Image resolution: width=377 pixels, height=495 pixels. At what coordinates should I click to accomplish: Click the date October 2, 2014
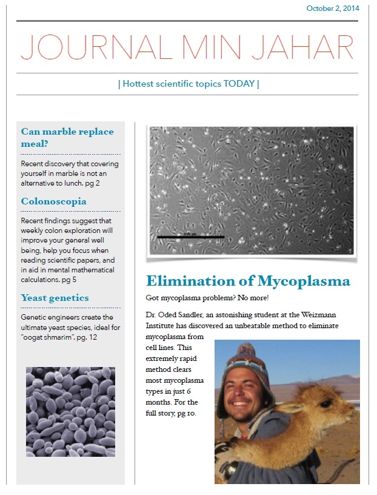(x=333, y=8)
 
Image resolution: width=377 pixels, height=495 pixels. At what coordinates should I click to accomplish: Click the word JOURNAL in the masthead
(x=88, y=47)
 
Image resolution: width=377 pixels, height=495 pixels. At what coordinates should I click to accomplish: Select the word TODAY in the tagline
(x=239, y=84)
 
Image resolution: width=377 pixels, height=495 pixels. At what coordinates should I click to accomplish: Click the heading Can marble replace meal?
(x=67, y=138)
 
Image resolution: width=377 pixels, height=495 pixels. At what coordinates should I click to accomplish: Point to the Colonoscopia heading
(x=53, y=201)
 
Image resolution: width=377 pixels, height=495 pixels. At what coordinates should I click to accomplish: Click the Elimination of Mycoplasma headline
(x=248, y=281)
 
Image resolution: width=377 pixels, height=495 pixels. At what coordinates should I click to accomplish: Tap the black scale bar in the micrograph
(x=190, y=237)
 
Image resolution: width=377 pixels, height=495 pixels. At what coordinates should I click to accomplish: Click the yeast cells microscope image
(x=70, y=411)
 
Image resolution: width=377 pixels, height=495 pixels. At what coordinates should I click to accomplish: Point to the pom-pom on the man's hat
(x=245, y=350)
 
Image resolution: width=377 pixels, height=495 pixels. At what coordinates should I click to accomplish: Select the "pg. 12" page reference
(x=82, y=337)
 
